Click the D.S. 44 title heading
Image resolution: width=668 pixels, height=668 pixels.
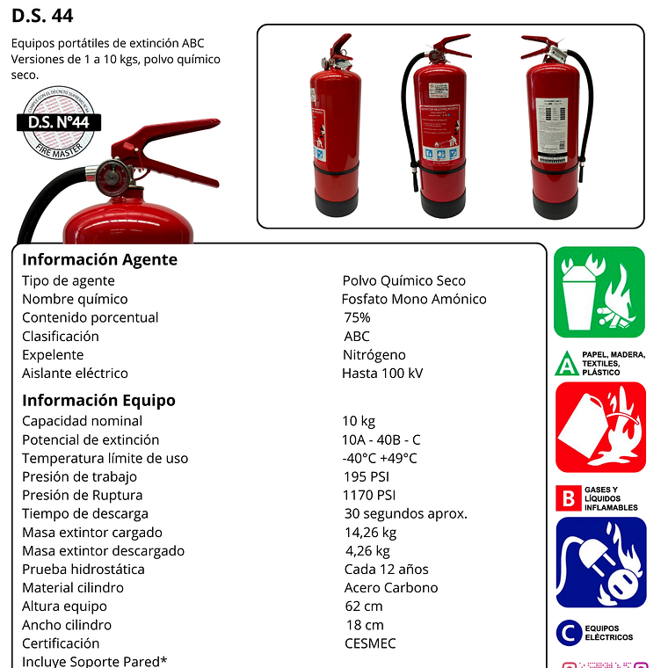coord(43,16)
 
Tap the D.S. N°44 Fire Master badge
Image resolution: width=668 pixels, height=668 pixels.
coord(59,123)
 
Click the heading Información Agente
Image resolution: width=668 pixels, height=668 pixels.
coord(99,259)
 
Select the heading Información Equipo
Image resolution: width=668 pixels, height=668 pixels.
coord(98,400)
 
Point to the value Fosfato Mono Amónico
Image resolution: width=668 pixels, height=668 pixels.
coord(413,299)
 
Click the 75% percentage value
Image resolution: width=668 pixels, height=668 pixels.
coord(357,317)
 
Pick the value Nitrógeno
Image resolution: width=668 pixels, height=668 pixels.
coord(374,354)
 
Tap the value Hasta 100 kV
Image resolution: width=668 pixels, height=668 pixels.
coord(381,373)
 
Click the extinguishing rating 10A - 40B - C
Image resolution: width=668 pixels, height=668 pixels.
coord(381,439)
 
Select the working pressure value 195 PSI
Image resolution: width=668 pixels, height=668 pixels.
coord(366,476)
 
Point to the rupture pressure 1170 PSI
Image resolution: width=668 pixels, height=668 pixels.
coord(369,495)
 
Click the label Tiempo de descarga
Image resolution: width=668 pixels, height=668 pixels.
coord(85,513)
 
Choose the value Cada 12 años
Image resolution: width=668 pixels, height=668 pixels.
coord(386,569)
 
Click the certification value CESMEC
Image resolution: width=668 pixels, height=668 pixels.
coord(370,643)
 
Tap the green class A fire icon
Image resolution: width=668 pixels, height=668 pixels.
coord(599,292)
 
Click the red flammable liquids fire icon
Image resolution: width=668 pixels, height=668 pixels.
coord(600,427)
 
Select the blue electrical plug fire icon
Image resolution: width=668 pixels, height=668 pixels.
coord(600,563)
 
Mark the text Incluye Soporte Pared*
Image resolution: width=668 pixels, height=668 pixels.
coord(95,661)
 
